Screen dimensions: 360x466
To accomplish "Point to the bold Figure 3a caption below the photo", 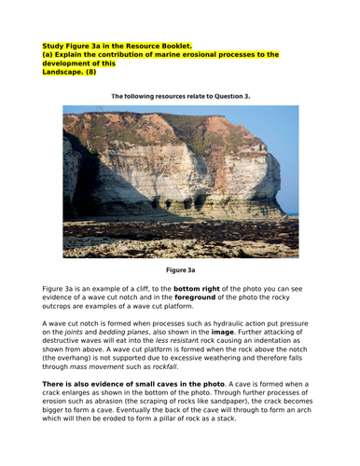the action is tap(179, 272).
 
